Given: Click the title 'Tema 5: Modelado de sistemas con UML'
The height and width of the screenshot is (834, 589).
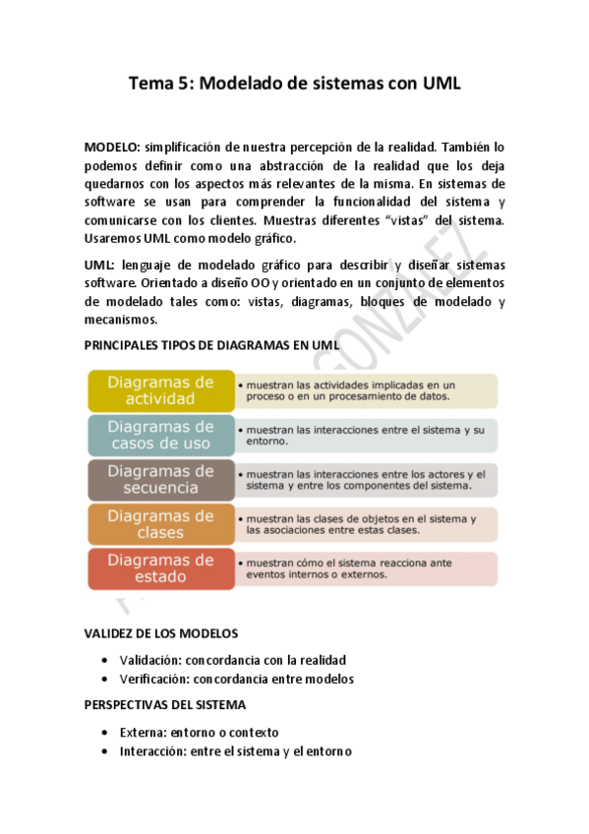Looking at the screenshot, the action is click(294, 85).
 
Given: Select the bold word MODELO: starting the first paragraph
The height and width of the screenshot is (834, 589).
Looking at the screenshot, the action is click(113, 147).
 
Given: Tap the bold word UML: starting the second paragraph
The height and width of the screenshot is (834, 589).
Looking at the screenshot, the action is click(99, 266).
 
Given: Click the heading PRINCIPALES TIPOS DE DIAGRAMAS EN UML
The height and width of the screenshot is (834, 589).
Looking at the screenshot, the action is click(211, 345).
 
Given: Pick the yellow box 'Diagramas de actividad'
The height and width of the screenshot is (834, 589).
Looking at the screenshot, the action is click(160, 390).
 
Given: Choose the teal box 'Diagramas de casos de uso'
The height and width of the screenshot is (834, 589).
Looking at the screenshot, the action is click(160, 435).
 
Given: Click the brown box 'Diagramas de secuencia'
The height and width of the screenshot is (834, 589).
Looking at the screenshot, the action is click(160, 479).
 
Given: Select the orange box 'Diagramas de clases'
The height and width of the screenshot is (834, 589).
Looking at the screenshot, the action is click(160, 523).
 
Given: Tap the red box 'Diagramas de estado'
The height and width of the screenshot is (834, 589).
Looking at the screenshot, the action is click(160, 568).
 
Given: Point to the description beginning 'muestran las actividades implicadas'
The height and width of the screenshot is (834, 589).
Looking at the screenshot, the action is click(364, 390).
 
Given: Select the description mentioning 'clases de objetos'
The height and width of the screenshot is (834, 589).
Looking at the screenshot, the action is click(364, 523).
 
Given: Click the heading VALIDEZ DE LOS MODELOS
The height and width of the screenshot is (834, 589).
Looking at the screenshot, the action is click(160, 633).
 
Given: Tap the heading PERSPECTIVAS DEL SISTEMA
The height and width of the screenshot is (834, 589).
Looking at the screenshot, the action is click(165, 705).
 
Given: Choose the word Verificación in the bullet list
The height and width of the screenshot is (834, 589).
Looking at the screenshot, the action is click(145, 679).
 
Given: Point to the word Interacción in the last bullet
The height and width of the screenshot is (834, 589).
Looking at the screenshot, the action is click(145, 751).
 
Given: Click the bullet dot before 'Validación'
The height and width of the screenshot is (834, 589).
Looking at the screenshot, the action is click(105, 661).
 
